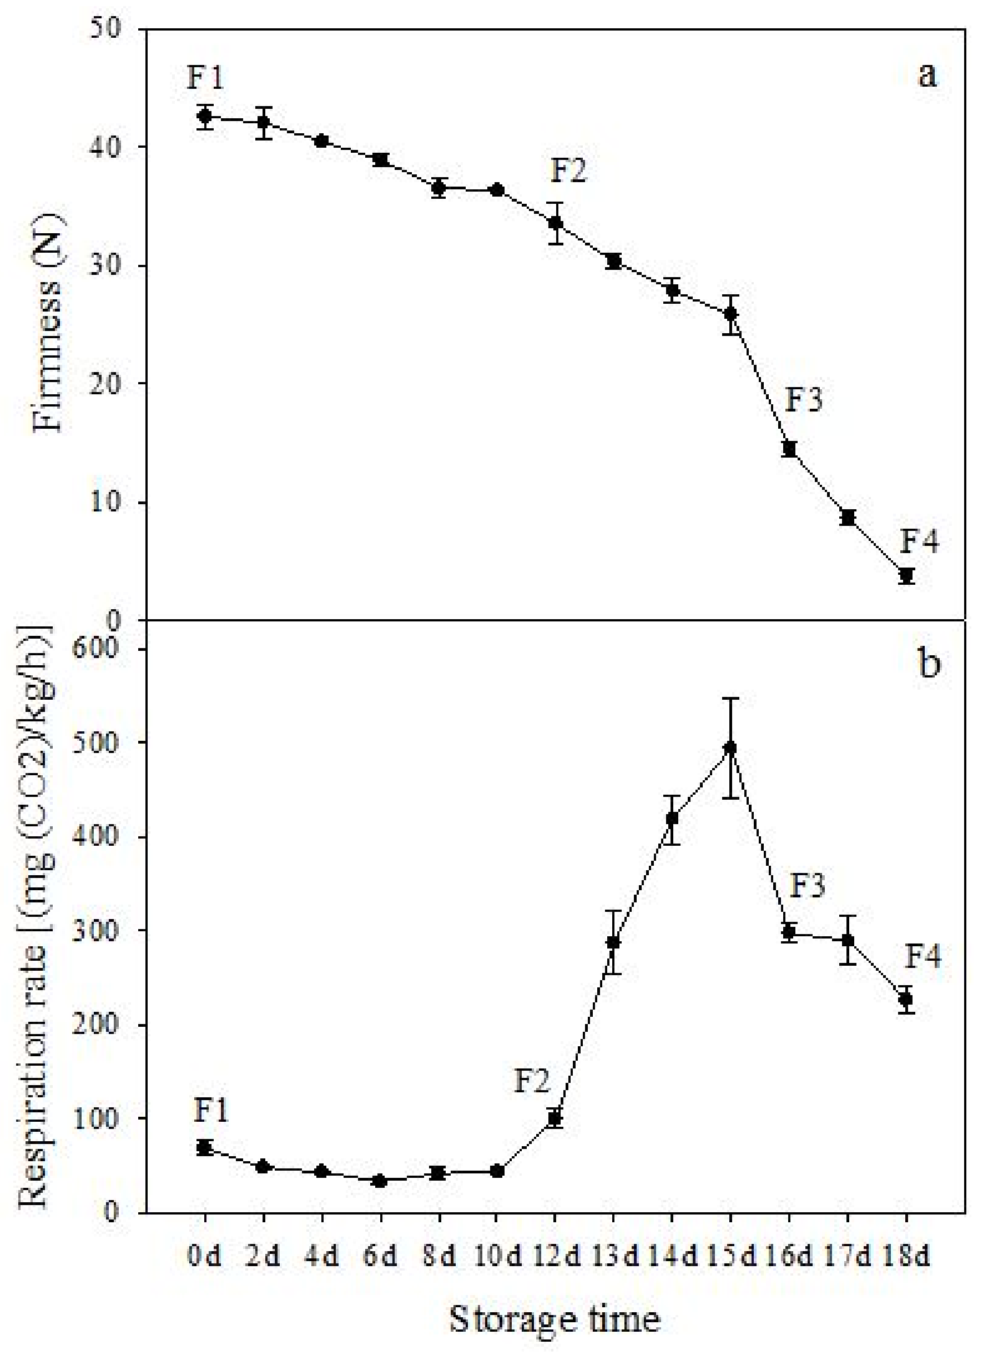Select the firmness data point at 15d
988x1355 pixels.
point(730,314)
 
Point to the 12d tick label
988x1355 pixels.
point(555,1257)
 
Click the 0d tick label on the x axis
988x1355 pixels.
point(204,1257)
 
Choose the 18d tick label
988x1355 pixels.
point(906,1257)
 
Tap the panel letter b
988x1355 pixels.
point(928,664)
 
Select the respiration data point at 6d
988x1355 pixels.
point(380,1181)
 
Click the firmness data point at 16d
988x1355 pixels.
point(789,449)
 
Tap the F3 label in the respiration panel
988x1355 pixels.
point(808,886)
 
